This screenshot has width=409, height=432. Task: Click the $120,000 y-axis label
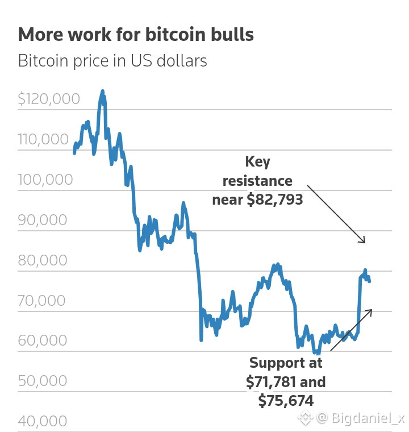click(x=49, y=99)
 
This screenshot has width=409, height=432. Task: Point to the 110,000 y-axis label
click(x=43, y=139)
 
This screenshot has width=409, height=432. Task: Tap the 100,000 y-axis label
click(x=45, y=180)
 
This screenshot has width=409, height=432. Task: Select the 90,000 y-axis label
click(x=43, y=220)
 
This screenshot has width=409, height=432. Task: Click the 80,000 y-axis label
click(x=43, y=260)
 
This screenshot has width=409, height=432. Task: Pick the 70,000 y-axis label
click(x=41, y=300)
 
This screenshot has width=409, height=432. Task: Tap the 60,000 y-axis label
click(x=43, y=340)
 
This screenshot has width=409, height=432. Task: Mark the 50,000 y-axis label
click(x=43, y=381)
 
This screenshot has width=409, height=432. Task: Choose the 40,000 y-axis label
click(x=43, y=421)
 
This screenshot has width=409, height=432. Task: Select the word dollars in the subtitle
click(x=182, y=61)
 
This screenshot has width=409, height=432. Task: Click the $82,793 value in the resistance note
click(x=275, y=200)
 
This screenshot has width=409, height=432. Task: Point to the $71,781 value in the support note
click(x=271, y=382)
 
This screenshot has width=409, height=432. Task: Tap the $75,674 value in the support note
click(x=286, y=401)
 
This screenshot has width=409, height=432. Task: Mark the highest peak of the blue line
click(x=103, y=90)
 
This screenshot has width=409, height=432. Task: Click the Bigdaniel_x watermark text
click(x=368, y=418)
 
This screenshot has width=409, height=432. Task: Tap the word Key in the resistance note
click(x=257, y=162)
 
